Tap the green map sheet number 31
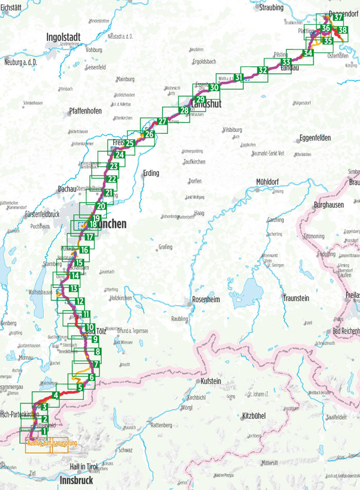(239, 78)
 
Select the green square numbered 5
(80, 387)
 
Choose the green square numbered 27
(163, 121)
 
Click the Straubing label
(272, 8)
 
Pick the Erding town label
(151, 173)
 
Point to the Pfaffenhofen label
(85, 111)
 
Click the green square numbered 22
(112, 179)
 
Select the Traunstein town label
(296, 298)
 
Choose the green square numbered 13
(74, 288)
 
